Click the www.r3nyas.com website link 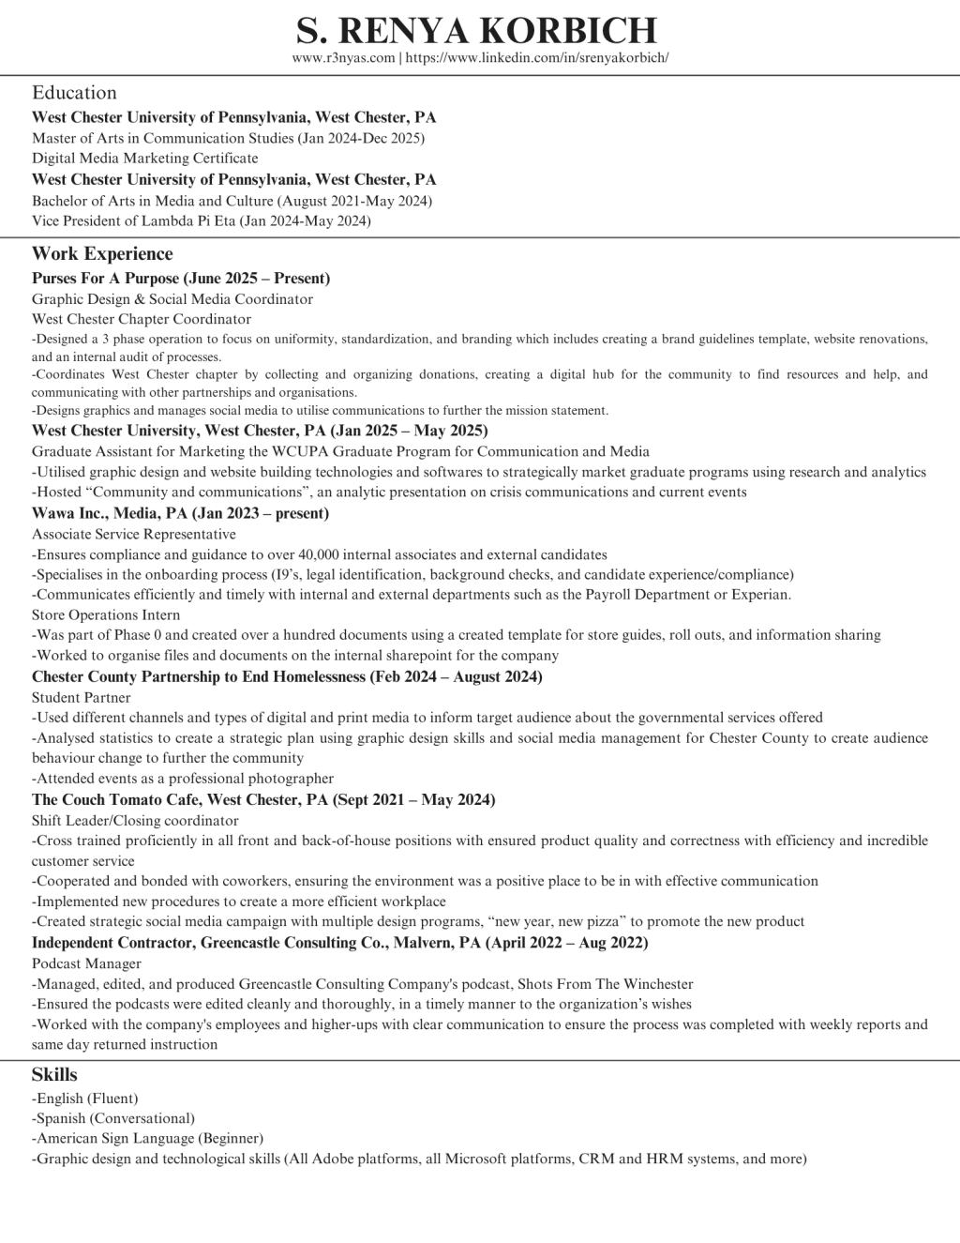click(x=343, y=58)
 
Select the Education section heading click(x=74, y=93)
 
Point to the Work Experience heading click(x=102, y=254)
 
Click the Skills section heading click(x=54, y=1075)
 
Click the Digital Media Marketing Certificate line click(x=144, y=159)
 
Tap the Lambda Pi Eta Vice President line click(x=201, y=221)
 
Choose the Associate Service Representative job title click(x=134, y=534)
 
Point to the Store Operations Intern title click(x=106, y=615)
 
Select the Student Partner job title click(x=82, y=698)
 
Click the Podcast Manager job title click(x=86, y=963)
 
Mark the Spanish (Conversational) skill click(x=113, y=1118)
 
